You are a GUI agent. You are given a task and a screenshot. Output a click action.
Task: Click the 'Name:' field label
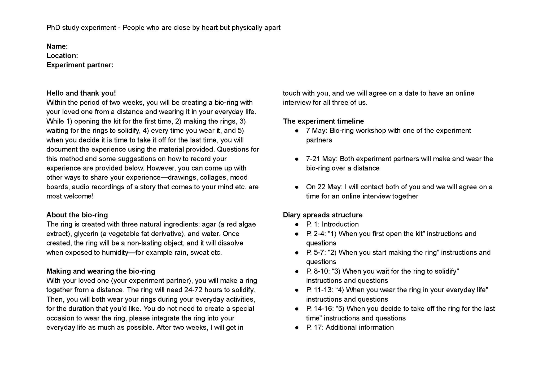(x=57, y=46)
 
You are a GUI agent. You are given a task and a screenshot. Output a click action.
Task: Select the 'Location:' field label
(x=62, y=56)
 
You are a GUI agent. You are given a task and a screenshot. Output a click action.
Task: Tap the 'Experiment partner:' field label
(x=80, y=65)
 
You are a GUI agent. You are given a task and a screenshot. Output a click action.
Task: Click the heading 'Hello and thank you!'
(x=81, y=93)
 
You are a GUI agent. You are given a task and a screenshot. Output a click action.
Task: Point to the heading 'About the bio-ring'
(x=77, y=215)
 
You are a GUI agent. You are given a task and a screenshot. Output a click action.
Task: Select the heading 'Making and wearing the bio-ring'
(x=100, y=271)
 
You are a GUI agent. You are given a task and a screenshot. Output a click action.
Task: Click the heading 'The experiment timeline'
(x=323, y=121)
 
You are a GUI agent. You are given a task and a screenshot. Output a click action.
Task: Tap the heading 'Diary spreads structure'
(x=322, y=215)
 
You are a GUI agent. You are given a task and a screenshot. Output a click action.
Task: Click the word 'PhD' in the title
(x=53, y=28)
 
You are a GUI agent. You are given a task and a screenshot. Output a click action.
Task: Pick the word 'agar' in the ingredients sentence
(x=209, y=224)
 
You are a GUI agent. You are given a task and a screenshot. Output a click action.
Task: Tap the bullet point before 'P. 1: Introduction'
(x=297, y=225)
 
